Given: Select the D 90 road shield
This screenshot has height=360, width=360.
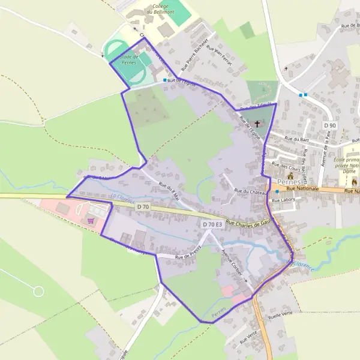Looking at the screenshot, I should point(329,125).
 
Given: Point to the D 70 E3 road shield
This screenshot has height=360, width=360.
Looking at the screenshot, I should point(212,224).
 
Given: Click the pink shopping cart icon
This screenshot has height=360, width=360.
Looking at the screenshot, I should point(91,221).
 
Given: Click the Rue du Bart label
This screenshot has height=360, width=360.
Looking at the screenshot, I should point(296,139).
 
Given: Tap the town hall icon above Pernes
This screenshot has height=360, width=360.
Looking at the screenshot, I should point(290,176).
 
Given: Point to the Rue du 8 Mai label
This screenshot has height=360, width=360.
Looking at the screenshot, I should point(169,190).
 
